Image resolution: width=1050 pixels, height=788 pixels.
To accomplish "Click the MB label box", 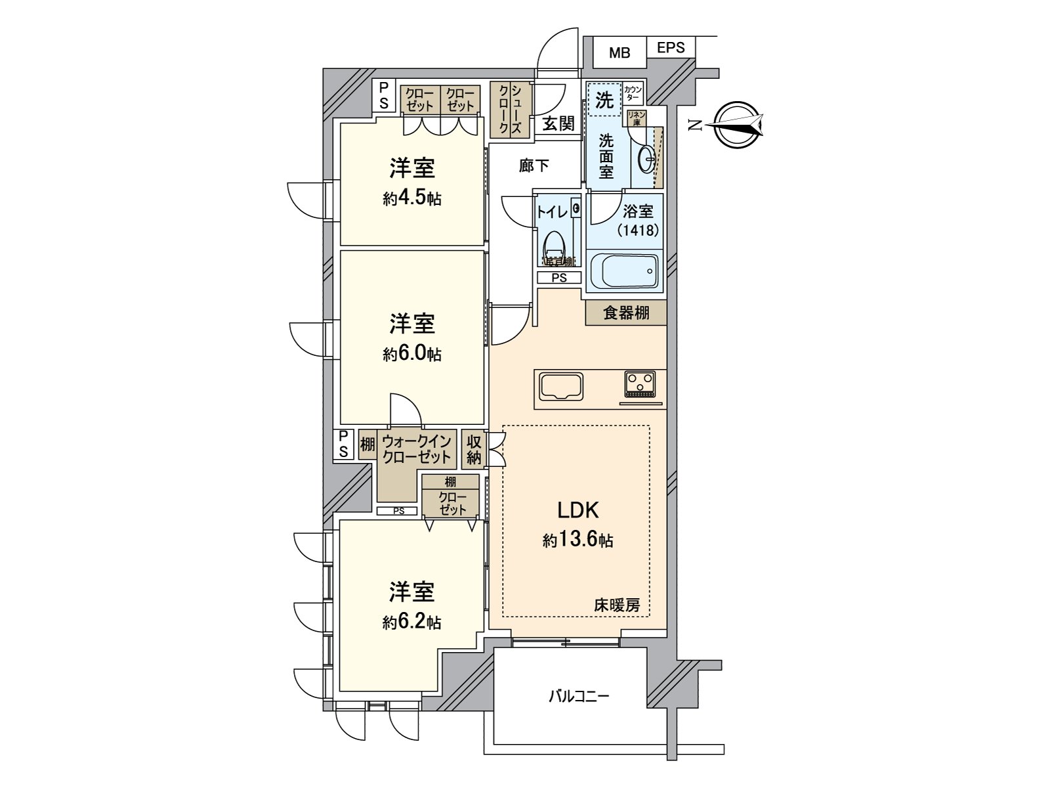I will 619,53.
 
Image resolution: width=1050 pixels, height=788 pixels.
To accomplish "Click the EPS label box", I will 671,47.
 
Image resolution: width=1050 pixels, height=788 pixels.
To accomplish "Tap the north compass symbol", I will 739,125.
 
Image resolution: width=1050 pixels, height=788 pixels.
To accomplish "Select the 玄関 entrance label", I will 558,123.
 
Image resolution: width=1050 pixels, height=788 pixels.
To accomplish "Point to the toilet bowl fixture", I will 555,246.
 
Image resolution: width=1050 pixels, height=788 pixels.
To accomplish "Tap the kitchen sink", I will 561,386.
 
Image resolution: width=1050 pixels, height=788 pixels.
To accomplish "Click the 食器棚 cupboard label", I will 626,313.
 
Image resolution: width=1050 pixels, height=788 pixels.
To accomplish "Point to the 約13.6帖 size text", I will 577,540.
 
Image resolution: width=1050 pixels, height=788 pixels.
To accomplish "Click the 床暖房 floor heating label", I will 617,605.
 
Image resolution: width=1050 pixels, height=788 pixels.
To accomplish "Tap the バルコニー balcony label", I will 579,695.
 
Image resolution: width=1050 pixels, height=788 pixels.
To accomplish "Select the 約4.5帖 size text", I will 412,199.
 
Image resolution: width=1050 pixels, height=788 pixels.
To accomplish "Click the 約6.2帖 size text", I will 412,622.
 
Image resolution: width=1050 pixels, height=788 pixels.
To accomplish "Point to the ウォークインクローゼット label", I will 417,449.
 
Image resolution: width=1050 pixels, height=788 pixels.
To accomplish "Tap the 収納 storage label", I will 474,450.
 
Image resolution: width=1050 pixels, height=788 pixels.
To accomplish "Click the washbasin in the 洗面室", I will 646,156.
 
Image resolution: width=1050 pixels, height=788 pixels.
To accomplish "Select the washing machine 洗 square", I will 604,100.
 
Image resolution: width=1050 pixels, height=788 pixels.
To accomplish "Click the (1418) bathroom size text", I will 637,230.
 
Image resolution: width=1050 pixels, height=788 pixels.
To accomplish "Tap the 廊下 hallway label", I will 534,166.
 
